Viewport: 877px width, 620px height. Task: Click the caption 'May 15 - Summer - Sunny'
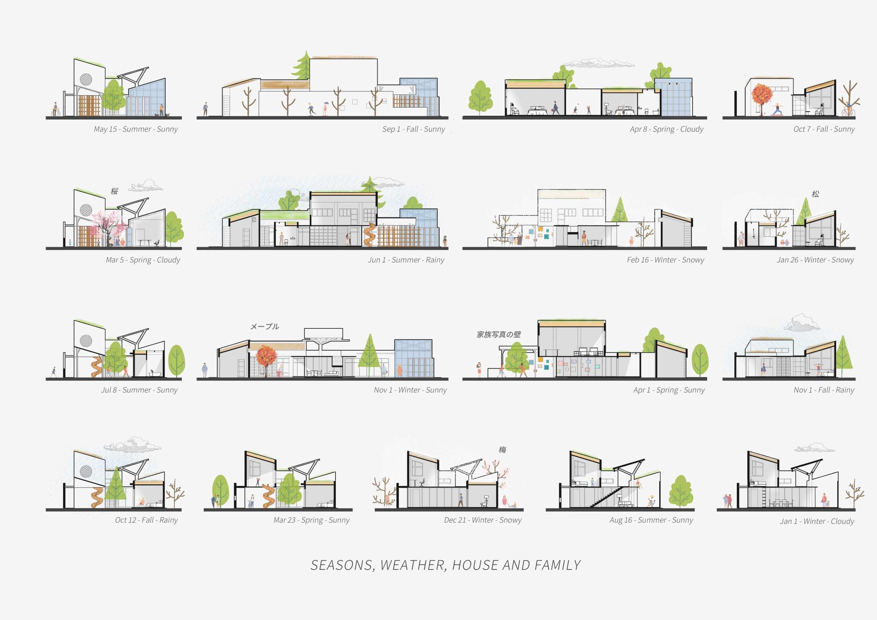click(136, 129)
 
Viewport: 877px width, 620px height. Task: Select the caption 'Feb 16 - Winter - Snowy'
click(665, 260)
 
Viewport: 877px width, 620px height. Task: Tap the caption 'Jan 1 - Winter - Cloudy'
click(817, 521)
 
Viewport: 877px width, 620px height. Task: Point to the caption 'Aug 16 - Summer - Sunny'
click(651, 520)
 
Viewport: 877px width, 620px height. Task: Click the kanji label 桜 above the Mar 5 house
click(114, 191)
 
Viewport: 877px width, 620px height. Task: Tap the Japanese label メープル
click(264, 326)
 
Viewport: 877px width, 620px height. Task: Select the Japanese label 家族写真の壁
click(498, 334)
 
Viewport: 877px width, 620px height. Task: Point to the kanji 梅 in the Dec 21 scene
click(502, 450)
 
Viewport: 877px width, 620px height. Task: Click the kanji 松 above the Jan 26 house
click(815, 194)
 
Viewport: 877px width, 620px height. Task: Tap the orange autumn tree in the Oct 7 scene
click(762, 95)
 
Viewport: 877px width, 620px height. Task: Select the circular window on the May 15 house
click(85, 79)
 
